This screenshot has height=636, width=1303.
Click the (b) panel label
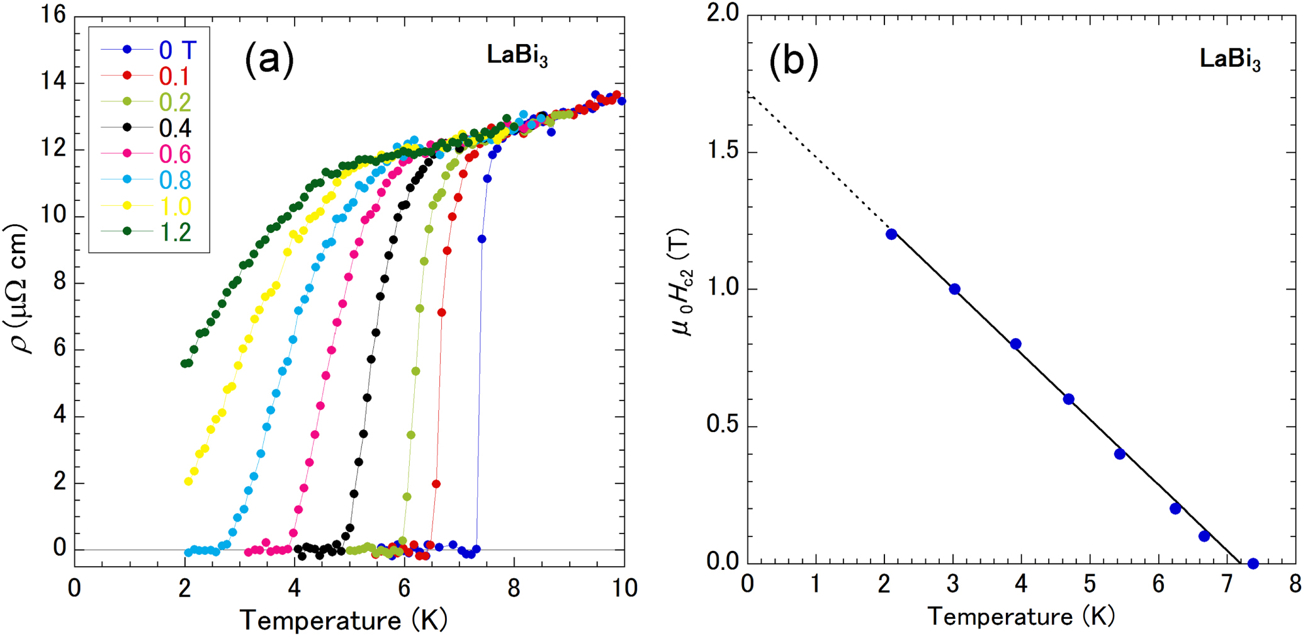(x=793, y=61)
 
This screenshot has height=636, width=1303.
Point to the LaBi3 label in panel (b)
(x=1229, y=60)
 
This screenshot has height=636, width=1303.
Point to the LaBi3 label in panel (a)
(x=517, y=56)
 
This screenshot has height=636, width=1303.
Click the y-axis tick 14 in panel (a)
(x=54, y=83)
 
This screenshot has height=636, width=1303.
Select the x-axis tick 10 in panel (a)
(x=624, y=588)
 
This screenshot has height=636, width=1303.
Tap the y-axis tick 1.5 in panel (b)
(x=723, y=152)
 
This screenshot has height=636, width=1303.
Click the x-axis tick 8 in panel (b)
(x=1294, y=584)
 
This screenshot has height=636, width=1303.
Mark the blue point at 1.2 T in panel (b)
(x=891, y=234)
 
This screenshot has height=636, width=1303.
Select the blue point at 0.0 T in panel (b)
(x=1253, y=564)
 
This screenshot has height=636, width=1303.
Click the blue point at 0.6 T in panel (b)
(x=1068, y=399)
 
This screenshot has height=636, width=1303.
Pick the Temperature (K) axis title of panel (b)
(x=1020, y=616)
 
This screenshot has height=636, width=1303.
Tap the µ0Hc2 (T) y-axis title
(x=683, y=281)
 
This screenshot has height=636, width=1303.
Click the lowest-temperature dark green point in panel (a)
(x=184, y=363)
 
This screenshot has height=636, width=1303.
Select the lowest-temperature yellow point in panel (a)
(x=188, y=482)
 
